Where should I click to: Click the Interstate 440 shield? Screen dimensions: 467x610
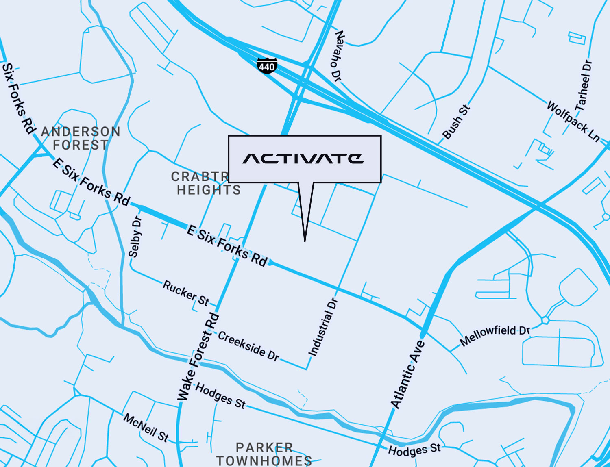click(x=267, y=66)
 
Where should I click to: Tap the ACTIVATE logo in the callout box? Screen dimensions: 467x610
click(x=303, y=159)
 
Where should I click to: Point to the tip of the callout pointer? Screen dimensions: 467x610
click(x=305, y=241)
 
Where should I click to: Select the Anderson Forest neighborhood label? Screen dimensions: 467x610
click(x=81, y=138)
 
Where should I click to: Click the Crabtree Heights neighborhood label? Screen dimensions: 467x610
click(x=205, y=183)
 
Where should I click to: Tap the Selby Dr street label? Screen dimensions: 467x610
click(x=135, y=237)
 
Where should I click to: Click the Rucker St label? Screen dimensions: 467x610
click(x=186, y=293)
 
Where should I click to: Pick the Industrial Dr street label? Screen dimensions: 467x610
click(x=323, y=328)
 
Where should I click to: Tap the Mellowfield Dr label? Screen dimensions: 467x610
click(x=495, y=335)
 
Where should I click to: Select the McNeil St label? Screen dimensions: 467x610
click(x=146, y=428)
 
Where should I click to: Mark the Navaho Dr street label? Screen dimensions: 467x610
click(x=338, y=56)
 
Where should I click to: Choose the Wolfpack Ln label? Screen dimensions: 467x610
click(x=573, y=121)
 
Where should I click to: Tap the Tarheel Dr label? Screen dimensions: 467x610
click(x=583, y=85)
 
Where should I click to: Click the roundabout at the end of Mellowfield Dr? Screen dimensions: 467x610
click(x=545, y=320)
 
